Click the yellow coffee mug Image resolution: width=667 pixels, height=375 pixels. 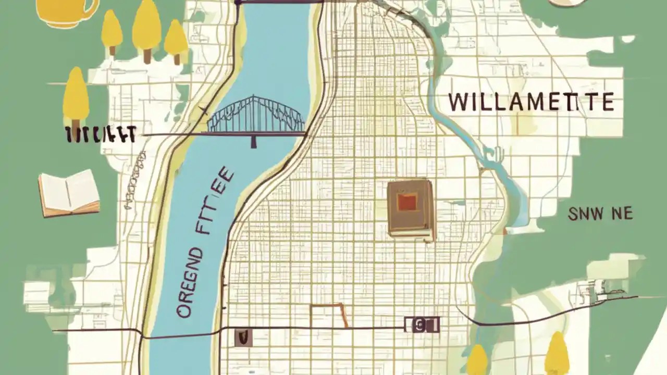pos(63,11)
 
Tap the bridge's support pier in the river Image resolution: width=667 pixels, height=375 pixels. pos(254,141)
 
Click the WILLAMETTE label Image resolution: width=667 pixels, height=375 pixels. pos(531,103)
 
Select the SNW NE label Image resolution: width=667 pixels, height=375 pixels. pos(600,213)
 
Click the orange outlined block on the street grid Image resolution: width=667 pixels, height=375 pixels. pos(329,316)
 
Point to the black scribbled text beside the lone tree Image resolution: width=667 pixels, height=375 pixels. pos(100,134)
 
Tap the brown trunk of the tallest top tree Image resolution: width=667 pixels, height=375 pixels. pos(147,55)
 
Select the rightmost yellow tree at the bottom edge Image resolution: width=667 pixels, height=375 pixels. pos(557,354)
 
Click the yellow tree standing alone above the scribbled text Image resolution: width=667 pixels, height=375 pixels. pos(76,96)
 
